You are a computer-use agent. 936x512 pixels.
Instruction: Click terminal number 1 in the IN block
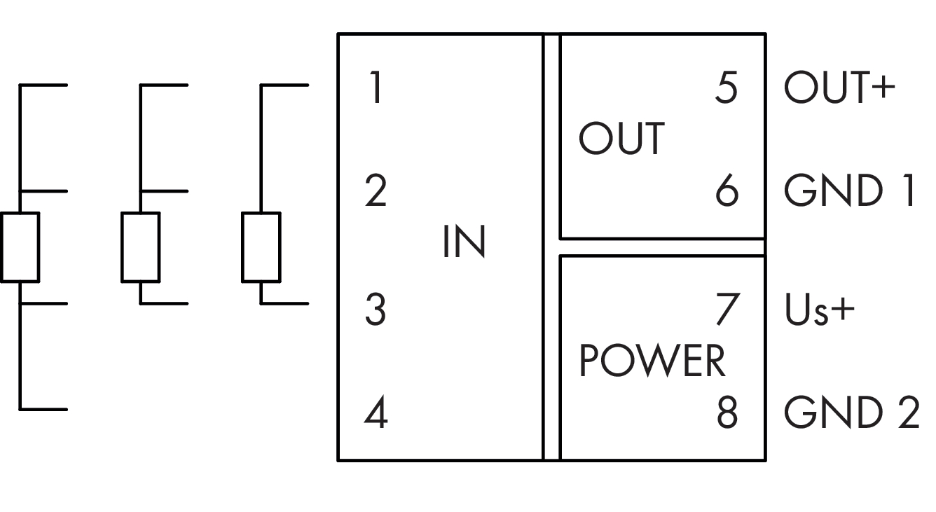click(x=376, y=88)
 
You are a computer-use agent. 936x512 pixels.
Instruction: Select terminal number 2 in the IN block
click(x=376, y=191)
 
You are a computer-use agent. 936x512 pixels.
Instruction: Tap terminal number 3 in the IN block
click(x=376, y=310)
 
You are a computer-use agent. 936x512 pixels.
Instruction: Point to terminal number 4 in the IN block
click(x=376, y=413)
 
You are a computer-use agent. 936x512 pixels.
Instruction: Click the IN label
click(x=464, y=243)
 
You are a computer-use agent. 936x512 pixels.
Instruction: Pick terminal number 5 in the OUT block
click(x=727, y=88)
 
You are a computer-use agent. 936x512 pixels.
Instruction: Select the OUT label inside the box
click(x=621, y=139)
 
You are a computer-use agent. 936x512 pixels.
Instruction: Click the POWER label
click(x=652, y=361)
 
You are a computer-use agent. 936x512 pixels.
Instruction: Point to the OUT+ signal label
click(x=839, y=88)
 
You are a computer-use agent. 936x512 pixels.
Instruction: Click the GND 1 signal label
click(x=850, y=191)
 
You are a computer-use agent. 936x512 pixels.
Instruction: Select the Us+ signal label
click(x=819, y=310)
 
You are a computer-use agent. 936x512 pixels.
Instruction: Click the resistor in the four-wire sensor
click(x=20, y=247)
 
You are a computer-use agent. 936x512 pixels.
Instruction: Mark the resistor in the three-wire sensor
click(x=140, y=247)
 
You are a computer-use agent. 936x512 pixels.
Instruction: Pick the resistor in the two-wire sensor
click(x=261, y=247)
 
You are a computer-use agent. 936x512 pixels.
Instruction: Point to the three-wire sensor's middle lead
click(x=164, y=191)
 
